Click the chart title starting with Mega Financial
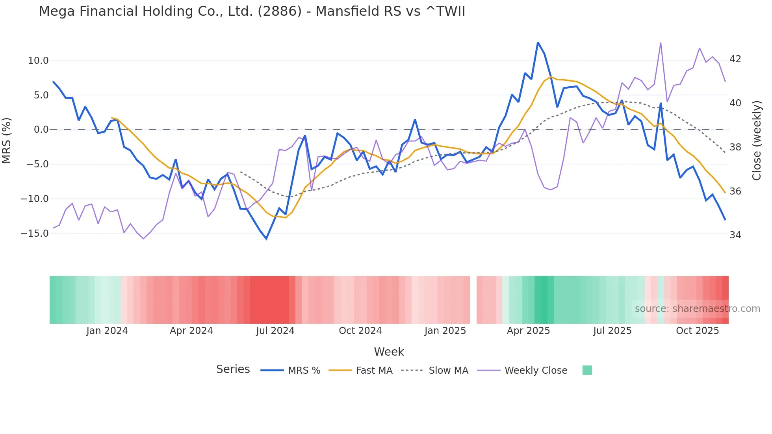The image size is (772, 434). tap(252, 11)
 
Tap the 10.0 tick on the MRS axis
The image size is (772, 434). tap(38, 61)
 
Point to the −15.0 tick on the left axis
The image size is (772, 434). tap(35, 234)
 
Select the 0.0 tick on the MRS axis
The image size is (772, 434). tap(41, 130)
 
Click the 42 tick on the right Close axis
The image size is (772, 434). tap(735, 59)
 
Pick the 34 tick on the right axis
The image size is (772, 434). tap(735, 235)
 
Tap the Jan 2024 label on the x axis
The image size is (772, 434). tap(107, 331)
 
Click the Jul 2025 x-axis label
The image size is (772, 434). tap(612, 331)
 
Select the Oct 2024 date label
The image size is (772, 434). tap(360, 331)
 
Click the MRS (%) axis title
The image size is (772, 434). tap(7, 140)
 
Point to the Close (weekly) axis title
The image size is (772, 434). tap(756, 141)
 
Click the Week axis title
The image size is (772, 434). tap(389, 352)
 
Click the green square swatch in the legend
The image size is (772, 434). tap(587, 370)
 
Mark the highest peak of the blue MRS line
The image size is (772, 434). tap(538, 43)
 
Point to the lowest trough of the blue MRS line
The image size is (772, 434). tap(266, 239)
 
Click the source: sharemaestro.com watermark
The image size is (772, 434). tap(697, 309)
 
